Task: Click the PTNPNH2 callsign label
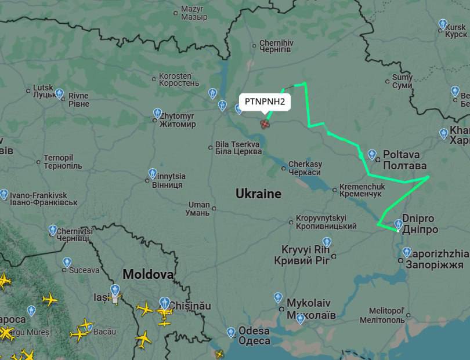tap(265, 101)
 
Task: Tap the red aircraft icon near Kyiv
tap(265, 123)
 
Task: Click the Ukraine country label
tap(258, 194)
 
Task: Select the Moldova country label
tap(148, 274)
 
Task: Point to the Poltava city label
tap(405, 160)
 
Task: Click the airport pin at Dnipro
tap(398, 224)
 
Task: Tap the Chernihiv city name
tap(276, 46)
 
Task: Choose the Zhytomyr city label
tap(178, 120)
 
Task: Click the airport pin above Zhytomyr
tap(157, 113)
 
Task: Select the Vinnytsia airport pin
tap(153, 173)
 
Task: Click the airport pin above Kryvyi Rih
tap(327, 242)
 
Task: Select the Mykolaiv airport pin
tap(279, 298)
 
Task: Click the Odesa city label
tap(254, 336)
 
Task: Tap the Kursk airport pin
tap(443, 24)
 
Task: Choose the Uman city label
tap(198, 209)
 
